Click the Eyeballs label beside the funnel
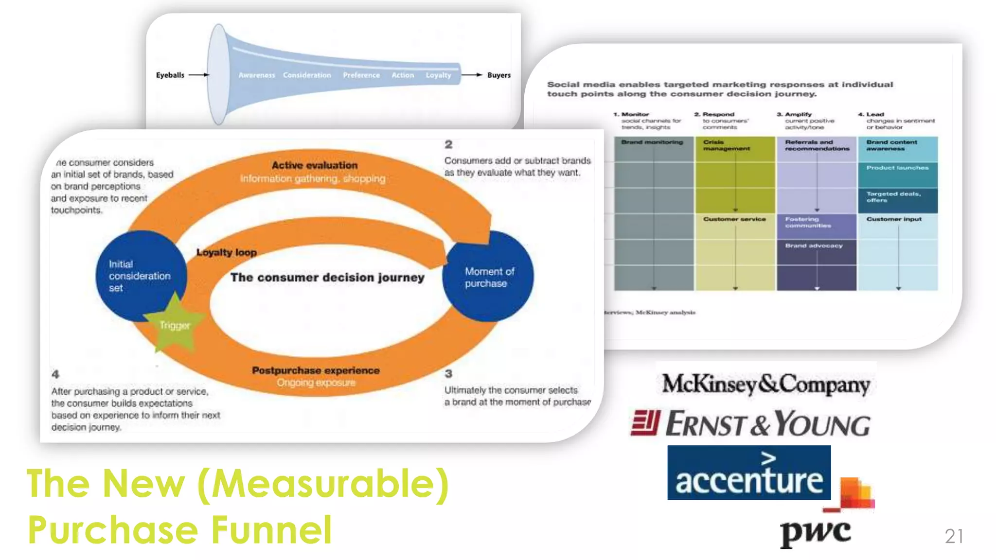[170, 75]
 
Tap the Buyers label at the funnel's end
[498, 75]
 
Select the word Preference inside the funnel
[361, 75]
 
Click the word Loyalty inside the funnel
[438, 75]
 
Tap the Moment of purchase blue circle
[489, 277]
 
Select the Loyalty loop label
[226, 252]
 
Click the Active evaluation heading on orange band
[314, 165]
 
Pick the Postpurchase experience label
[315, 370]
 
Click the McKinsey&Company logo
[765, 384]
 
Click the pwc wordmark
[815, 533]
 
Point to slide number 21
[954, 536]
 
